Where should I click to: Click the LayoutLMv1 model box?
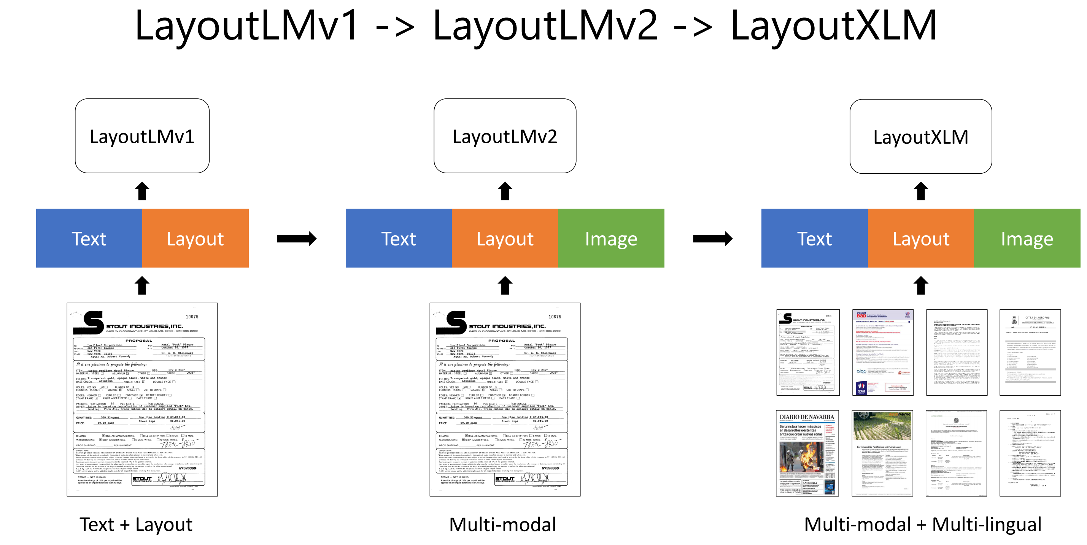coord(142,136)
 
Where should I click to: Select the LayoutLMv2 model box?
coord(505,136)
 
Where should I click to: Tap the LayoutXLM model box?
coord(920,136)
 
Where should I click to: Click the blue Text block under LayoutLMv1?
coord(89,238)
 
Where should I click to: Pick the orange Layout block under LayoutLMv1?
coord(195,238)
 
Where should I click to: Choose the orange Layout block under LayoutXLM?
coord(921,238)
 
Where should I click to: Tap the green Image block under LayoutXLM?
coord(1027,238)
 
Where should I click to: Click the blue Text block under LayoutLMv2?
coord(398,238)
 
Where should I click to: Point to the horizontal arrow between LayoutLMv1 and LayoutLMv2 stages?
coord(297,239)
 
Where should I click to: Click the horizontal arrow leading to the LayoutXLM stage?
coord(712,239)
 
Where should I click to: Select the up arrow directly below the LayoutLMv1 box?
coord(142,191)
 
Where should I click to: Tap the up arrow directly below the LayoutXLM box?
coord(921,191)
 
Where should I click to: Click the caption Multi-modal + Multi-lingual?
coord(922,524)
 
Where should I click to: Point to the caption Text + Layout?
coord(136,524)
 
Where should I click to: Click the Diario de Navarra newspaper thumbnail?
coord(807,453)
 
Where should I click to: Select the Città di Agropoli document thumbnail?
coord(1030,352)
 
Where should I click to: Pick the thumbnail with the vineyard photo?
coord(882,453)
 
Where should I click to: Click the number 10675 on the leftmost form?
coord(192,317)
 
